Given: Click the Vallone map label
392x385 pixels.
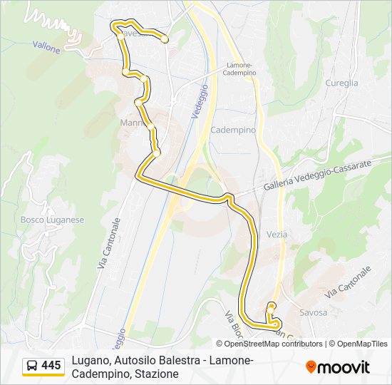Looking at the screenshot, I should click(46, 45).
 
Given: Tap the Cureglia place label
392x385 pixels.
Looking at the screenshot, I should click(342, 83).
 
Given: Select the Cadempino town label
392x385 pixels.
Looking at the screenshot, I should click(233, 130).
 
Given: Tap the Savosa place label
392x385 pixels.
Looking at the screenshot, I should click(314, 313).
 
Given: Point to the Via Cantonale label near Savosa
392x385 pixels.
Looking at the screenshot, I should click(348, 283).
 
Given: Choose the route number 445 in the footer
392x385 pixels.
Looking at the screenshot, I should click(51, 366).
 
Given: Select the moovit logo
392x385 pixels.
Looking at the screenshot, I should click(338, 367).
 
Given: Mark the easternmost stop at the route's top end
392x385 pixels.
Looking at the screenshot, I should click(165, 40).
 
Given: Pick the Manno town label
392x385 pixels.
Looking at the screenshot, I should click(133, 123).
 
